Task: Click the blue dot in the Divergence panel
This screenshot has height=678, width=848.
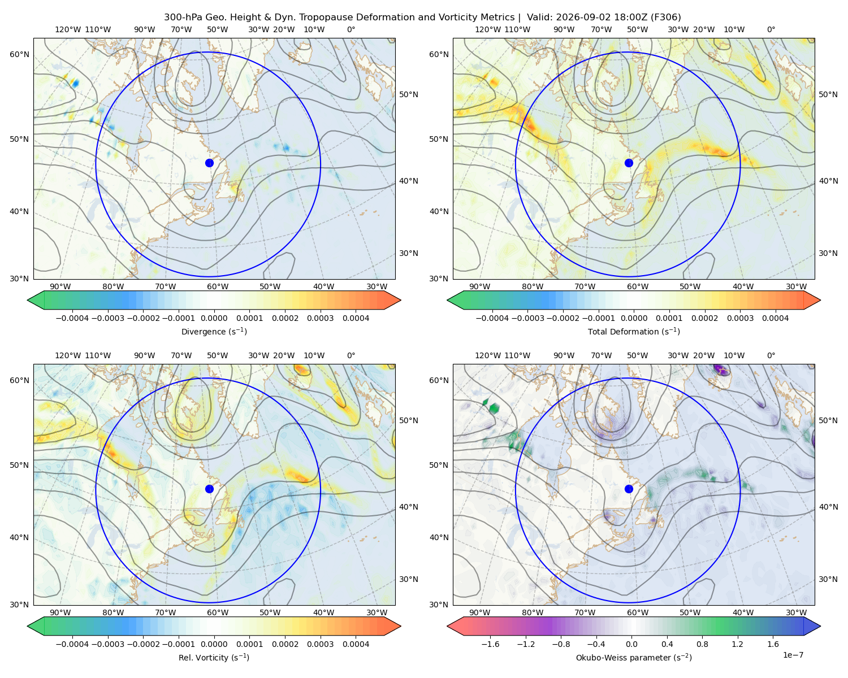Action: (x=209, y=163)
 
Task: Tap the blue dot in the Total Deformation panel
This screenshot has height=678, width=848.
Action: (x=629, y=163)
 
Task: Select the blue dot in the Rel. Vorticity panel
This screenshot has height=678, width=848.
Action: (x=209, y=489)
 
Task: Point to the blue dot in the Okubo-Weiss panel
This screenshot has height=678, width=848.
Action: (x=629, y=489)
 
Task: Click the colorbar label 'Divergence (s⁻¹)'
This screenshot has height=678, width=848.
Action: (x=214, y=331)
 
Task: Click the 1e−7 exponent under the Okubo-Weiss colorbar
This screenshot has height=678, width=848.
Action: (x=793, y=655)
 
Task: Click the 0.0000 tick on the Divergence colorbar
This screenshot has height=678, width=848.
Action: (x=214, y=318)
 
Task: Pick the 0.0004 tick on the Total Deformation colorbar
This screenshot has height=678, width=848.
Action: (x=775, y=318)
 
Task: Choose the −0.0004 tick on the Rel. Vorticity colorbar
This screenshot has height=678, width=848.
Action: (x=72, y=644)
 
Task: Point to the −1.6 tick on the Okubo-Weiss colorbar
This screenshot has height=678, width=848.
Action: (x=490, y=644)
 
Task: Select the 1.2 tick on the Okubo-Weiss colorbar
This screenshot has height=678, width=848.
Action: (x=737, y=644)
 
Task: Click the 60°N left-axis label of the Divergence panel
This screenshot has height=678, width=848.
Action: (x=19, y=54)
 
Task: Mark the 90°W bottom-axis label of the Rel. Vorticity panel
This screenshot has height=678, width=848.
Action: (x=60, y=612)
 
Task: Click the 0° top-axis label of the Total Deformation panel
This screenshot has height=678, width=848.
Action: (x=771, y=29)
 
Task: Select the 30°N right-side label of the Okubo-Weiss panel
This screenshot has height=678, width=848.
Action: (x=828, y=579)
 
